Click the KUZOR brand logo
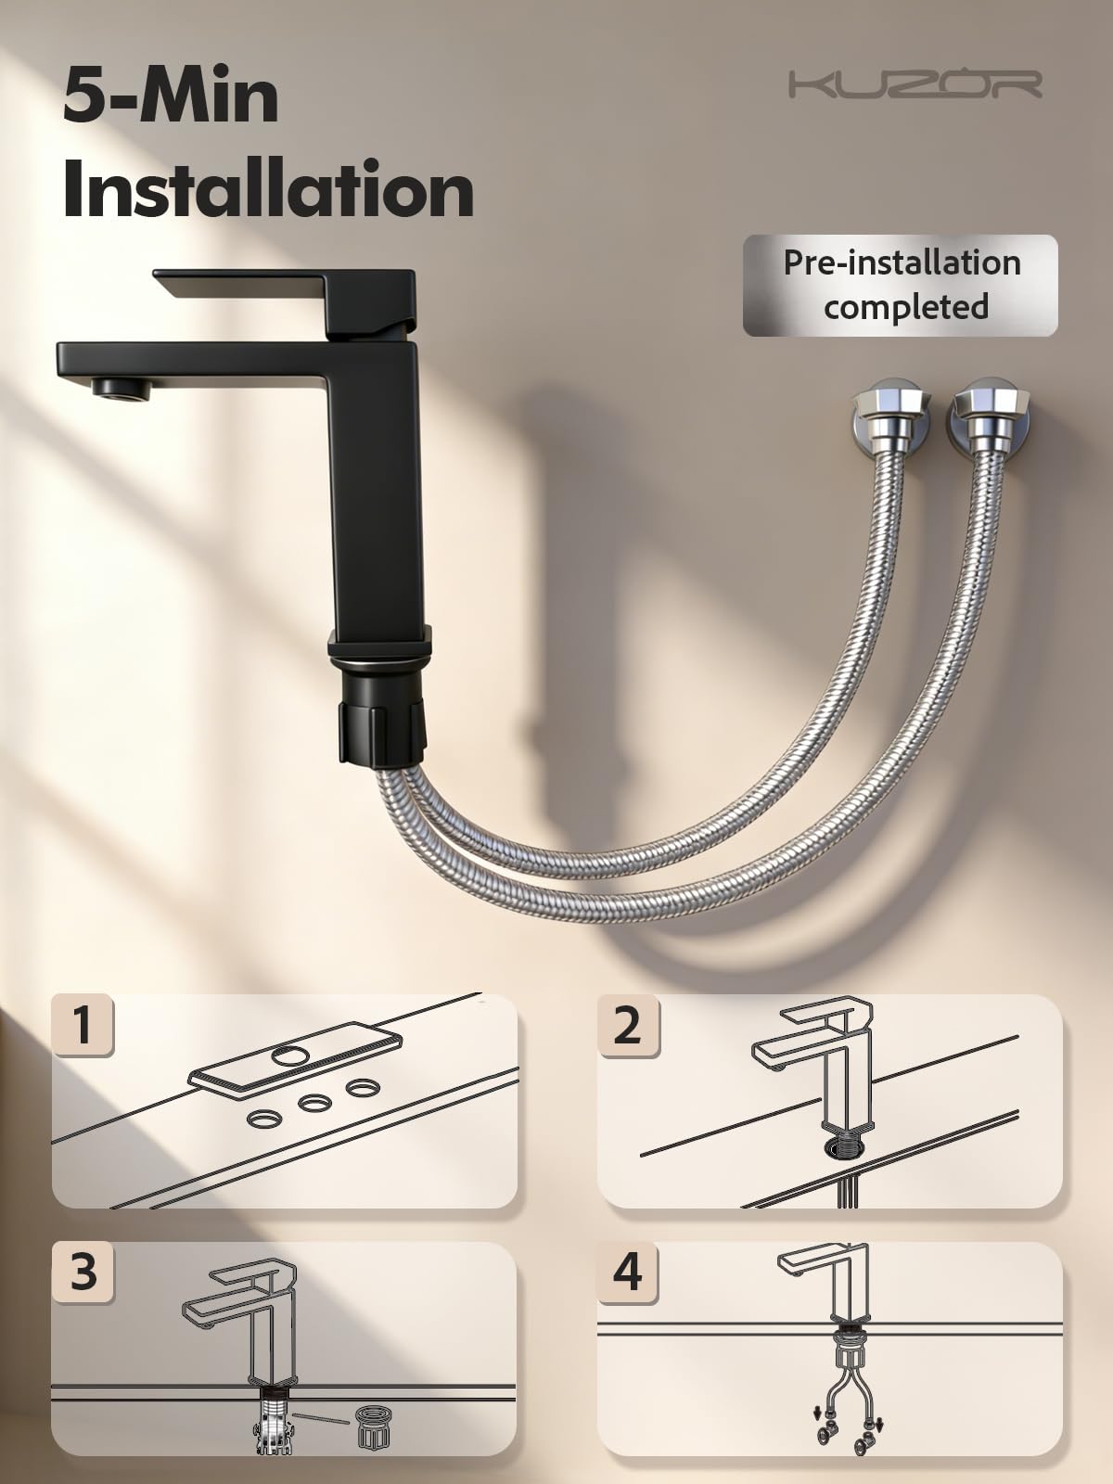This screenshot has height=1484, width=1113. tap(915, 84)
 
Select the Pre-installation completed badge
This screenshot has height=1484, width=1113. tap(900, 286)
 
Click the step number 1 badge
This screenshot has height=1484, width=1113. tap(83, 1025)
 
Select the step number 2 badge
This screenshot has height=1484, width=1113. tap(628, 1025)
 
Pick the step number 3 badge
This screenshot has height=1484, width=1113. tap(83, 1272)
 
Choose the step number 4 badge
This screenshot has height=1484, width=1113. tap(628, 1272)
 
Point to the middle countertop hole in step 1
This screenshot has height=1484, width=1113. tap(315, 1104)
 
